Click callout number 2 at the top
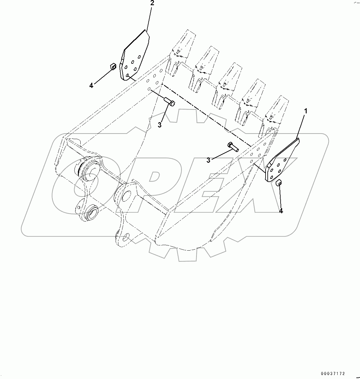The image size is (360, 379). (x=152, y=3)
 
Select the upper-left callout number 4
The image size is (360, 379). (x=91, y=85)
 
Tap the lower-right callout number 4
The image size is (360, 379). (x=281, y=211)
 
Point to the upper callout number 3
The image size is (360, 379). (x=159, y=125)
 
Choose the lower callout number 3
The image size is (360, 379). (x=208, y=160)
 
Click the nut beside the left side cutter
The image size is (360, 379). (x=113, y=66)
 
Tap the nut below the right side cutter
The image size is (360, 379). (x=279, y=183)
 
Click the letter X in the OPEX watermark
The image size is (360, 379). (x=270, y=190)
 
